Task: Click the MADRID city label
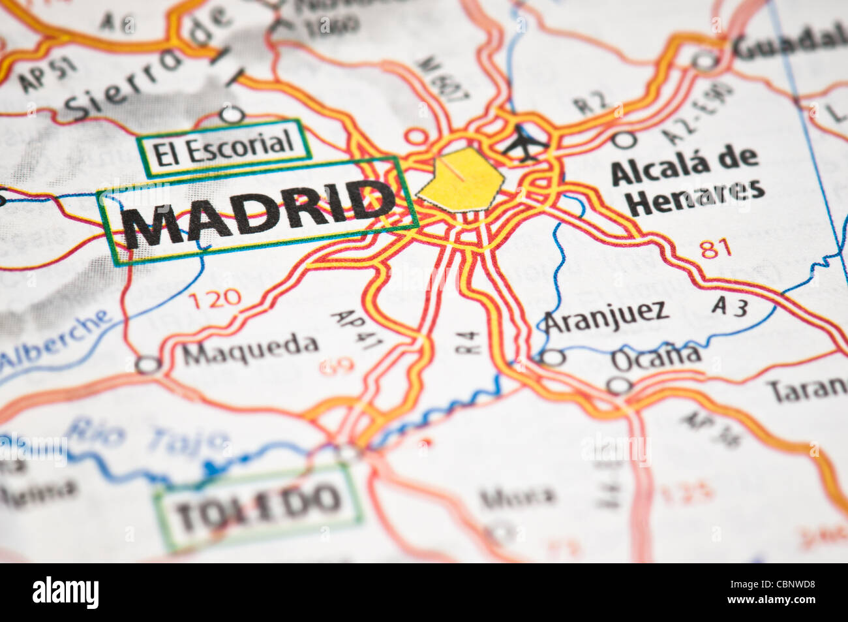click(258, 212)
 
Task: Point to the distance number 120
click(215, 299)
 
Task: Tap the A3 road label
click(729, 305)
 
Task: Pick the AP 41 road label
click(352, 331)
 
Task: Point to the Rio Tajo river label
click(147, 435)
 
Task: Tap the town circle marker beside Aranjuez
click(553, 358)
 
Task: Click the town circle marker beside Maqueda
click(148, 364)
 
